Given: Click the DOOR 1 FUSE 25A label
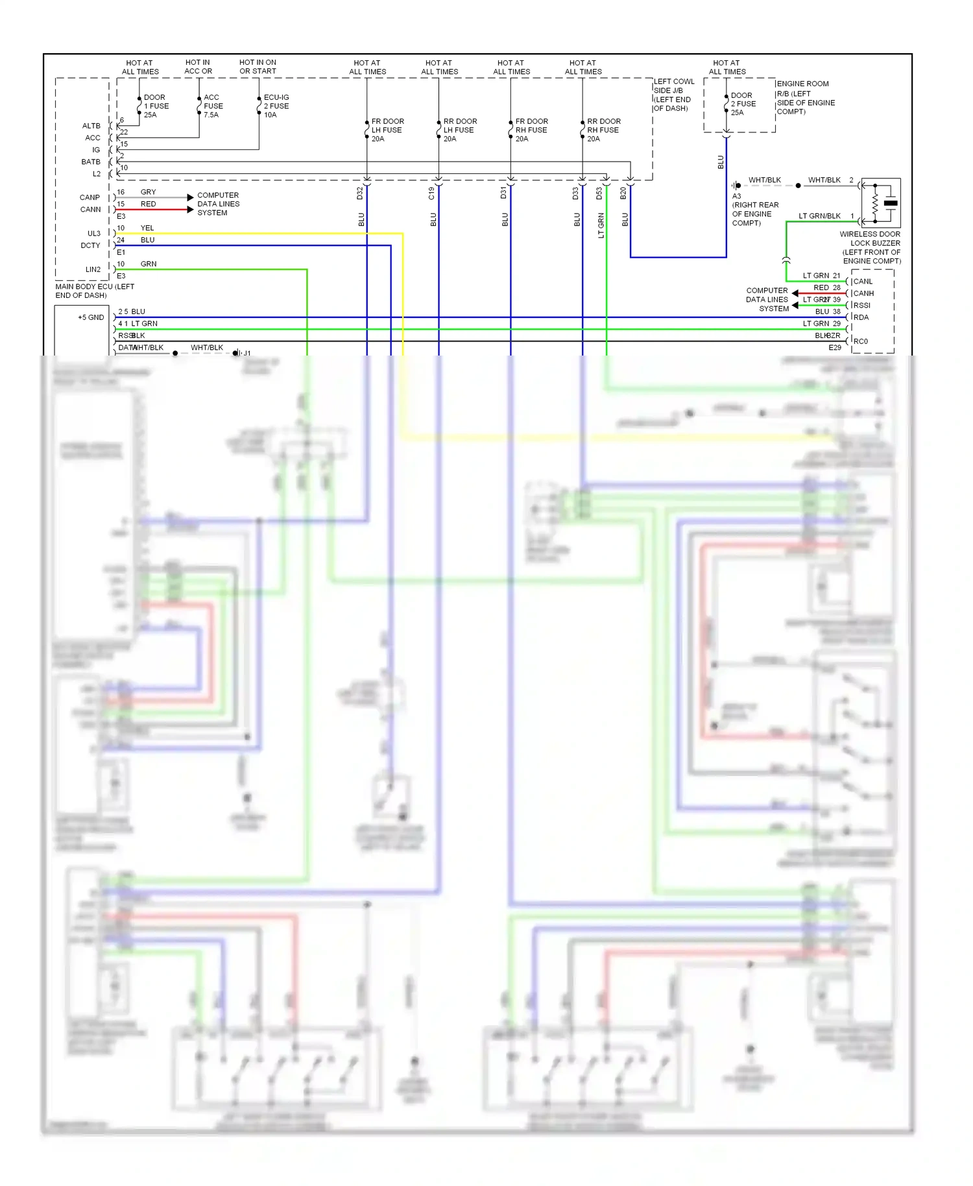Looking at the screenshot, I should [156, 106].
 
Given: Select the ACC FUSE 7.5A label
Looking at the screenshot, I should [213, 106].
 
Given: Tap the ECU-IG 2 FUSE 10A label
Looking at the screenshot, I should [276, 106].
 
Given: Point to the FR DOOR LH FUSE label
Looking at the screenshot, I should [387, 130].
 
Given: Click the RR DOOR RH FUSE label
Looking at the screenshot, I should [603, 130].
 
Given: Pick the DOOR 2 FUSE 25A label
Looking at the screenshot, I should [743, 104].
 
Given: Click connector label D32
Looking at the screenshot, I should [360, 193].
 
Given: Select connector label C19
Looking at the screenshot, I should [432, 193].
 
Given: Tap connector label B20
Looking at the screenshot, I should [623, 193].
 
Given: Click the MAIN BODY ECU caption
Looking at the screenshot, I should [95, 291].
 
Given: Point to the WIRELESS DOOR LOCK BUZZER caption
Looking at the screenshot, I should [871, 247].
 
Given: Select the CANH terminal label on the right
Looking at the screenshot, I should [863, 293].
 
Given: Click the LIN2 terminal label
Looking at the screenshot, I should [93, 269].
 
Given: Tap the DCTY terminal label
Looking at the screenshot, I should [90, 245].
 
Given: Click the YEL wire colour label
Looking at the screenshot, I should [147, 228].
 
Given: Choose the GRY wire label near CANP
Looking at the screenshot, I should [148, 192].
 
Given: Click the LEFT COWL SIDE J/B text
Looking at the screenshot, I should [673, 95].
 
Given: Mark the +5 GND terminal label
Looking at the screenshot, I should [91, 317].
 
